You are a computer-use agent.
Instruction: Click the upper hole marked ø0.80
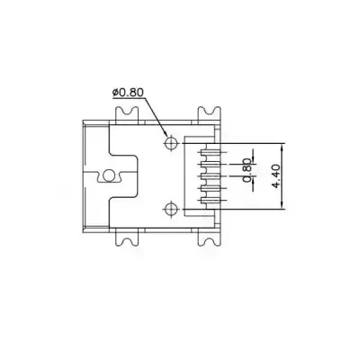coord(171,143)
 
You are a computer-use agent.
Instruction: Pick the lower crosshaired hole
coord(171,211)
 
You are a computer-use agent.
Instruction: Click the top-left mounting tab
coord(125,113)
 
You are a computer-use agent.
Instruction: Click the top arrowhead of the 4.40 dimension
coord(282,148)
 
